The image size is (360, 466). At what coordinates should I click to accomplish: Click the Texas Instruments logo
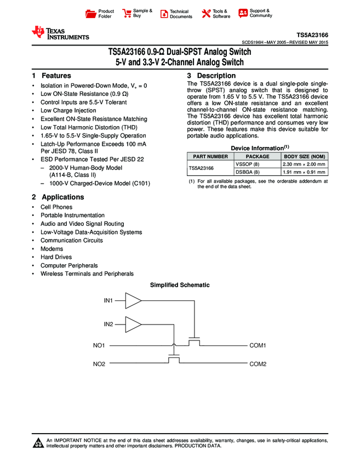coord(60,33)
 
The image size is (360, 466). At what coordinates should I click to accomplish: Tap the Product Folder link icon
coord(92,13)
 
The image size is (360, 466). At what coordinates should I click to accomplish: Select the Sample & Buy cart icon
coord(127,13)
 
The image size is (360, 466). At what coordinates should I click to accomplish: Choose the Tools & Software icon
coord(206,13)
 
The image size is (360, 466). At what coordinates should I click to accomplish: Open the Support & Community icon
coord(243,13)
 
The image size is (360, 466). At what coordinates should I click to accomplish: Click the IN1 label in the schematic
coord(108,301)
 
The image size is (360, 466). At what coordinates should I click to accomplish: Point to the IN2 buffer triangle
coord(133,324)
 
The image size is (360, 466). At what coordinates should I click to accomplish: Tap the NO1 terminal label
coord(99,345)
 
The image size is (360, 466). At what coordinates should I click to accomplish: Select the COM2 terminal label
coord(258,364)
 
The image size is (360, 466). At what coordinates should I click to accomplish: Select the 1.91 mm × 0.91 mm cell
coord(304,172)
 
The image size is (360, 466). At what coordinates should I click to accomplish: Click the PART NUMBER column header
coord(209,156)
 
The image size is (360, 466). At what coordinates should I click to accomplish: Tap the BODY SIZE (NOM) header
coord(304,156)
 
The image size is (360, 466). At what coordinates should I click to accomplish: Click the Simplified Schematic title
coord(180,285)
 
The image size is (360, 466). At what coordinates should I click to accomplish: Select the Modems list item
coord(52,249)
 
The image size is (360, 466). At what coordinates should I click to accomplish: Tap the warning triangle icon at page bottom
coord(38,443)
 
